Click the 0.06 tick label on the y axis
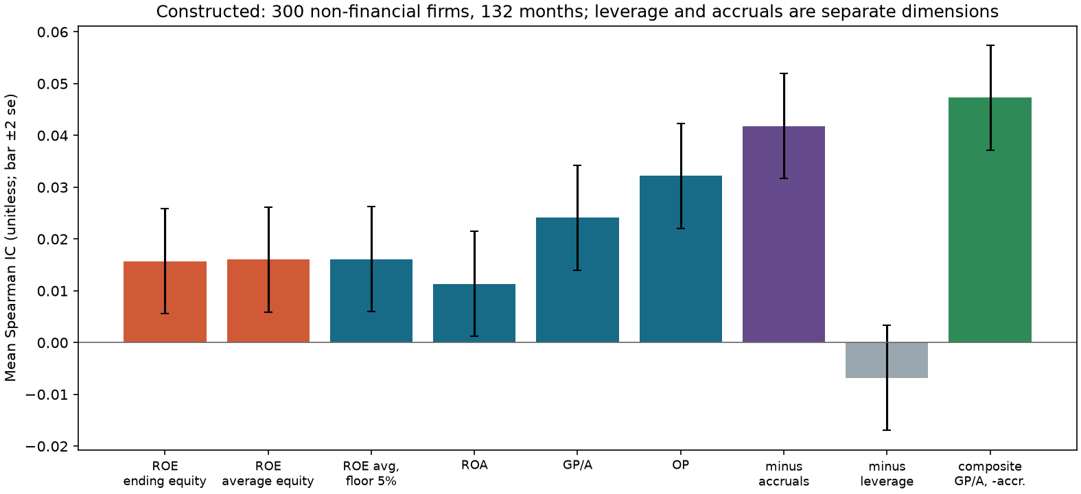54,32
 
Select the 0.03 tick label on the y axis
54,188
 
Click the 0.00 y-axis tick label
54,343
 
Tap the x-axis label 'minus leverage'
887,473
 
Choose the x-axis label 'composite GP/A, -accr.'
990,473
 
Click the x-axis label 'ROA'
474,466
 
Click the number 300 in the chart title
288,11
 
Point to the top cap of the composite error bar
990,45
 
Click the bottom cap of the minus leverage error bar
887,430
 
